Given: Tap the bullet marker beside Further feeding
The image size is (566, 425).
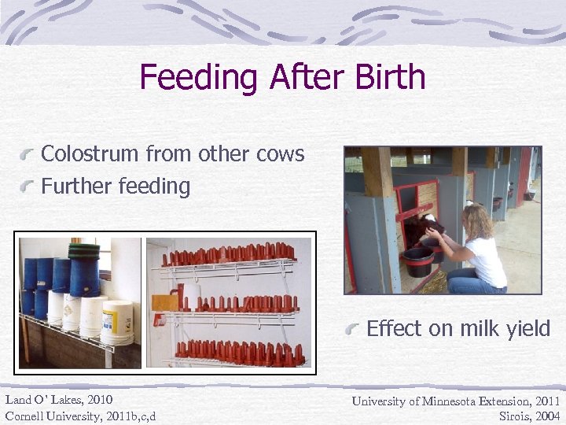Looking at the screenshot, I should [x=30, y=188].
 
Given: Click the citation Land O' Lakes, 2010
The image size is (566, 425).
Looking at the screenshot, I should [x=58, y=401].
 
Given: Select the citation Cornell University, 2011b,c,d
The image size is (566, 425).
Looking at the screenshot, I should [x=80, y=416].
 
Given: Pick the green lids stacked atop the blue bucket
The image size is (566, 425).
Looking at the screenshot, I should [x=84, y=250].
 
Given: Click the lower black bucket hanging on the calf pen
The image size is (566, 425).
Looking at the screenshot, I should [x=417, y=261].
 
